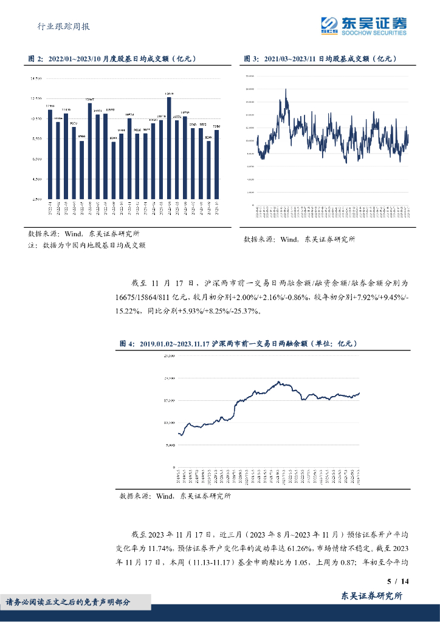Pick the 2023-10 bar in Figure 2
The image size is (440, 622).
coord(216,164)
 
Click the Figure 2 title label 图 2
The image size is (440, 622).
coord(36,59)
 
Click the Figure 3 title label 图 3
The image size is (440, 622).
coord(251,59)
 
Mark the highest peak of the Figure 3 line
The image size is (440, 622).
coord(286,89)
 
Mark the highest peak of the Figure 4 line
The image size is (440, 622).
coord(278,381)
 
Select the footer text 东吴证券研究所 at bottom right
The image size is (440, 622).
coord(372,597)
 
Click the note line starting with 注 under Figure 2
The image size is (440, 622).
coord(87,245)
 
